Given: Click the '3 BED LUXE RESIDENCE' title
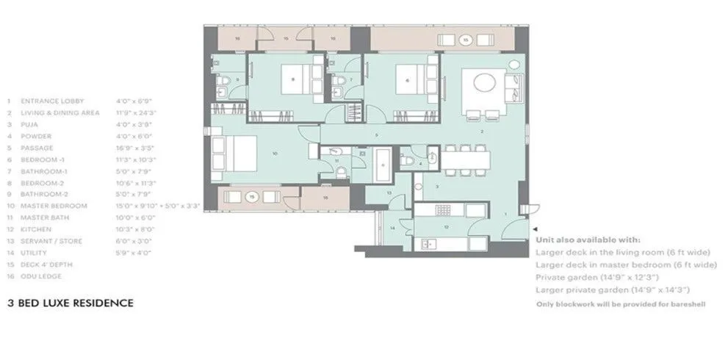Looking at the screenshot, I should coord(70,302).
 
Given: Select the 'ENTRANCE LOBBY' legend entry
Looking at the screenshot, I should coord(52,101).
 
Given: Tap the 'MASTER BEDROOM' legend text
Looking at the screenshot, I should coord(54,206).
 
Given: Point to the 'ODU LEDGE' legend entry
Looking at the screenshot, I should coord(41,276).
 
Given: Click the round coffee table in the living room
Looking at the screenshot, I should coord(484,82).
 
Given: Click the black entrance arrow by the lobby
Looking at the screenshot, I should coord(534,229).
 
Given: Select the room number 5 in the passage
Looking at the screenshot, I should coord(376,135).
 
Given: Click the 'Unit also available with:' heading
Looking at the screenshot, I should coord(588,240).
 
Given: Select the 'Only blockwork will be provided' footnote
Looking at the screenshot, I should coord(621,303).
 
